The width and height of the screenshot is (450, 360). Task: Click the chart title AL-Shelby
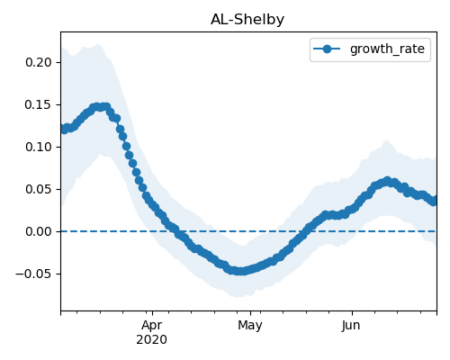247,20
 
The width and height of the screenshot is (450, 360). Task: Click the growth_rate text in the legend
387,49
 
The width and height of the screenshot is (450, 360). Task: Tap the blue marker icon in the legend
327,49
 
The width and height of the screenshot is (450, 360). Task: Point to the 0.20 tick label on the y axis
39,62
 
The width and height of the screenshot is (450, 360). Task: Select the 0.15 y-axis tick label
39,105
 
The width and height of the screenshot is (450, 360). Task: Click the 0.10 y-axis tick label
39,147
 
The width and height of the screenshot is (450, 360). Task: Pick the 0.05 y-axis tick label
39,189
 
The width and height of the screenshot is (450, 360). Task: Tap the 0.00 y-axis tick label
39,231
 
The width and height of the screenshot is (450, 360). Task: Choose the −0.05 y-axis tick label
33,274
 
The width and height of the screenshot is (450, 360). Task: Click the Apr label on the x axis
152,326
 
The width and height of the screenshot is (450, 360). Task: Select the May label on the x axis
250,326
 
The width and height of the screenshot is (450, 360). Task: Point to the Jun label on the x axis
351,326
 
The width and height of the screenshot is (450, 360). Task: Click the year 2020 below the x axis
152,340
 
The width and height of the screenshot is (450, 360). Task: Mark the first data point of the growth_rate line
63,129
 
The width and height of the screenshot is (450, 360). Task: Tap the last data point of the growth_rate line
434,201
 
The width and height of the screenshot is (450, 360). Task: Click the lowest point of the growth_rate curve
240,271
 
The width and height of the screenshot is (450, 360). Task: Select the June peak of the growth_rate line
387,181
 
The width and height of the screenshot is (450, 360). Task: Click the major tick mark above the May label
250,313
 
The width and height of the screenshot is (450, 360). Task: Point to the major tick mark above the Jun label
352,313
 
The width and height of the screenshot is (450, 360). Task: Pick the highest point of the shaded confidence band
98,45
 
